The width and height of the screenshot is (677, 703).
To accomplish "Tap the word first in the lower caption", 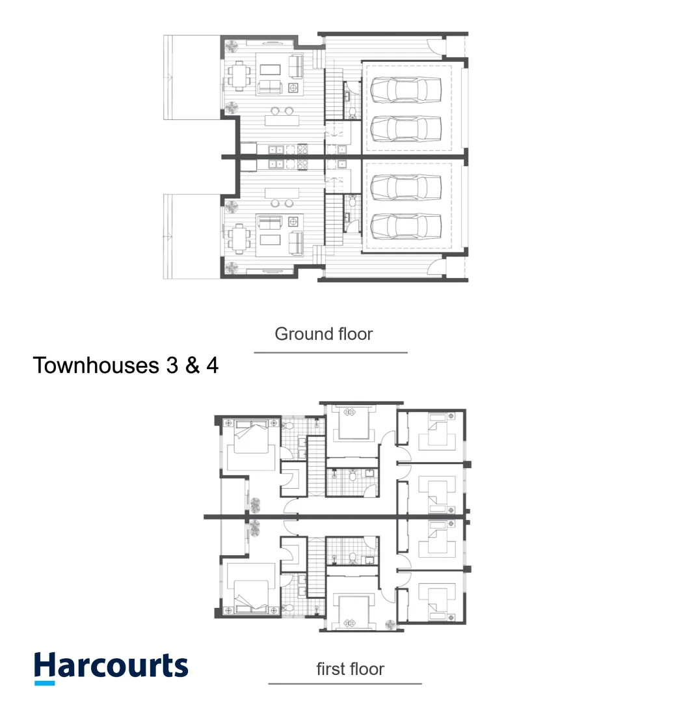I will pos(330,669).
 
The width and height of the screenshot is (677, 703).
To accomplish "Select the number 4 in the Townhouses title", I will pos(211,365).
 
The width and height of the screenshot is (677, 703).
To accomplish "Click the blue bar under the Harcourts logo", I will pos(44,682).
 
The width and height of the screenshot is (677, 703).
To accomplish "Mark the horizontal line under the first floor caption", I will pos(345,683).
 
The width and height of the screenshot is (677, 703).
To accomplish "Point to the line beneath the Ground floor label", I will pos(330,353).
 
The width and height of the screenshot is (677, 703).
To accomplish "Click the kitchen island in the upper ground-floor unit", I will pos(282,120).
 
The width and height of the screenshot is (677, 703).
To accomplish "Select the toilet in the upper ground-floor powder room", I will pos(351,111).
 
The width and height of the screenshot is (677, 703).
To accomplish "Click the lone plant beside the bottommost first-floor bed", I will pos(390,624).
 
